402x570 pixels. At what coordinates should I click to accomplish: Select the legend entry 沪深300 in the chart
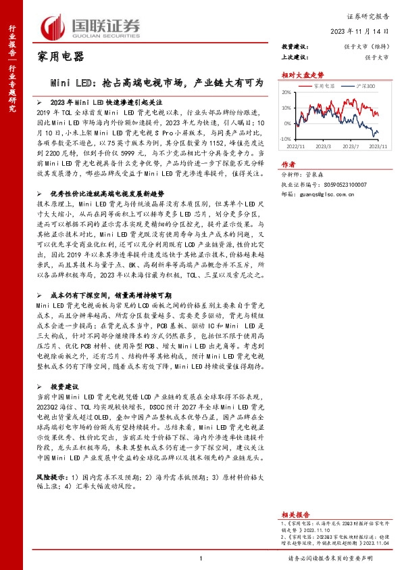click(x=365, y=86)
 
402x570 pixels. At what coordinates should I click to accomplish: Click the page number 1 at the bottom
click(x=201, y=558)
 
